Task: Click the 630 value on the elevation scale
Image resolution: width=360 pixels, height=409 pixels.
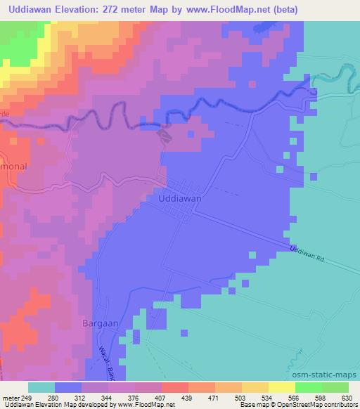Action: (x=345, y=398)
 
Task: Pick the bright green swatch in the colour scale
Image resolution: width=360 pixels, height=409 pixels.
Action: (x=309, y=387)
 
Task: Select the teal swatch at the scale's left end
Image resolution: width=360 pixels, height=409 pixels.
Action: (x=41, y=387)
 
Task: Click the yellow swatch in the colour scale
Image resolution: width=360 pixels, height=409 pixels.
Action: (x=282, y=387)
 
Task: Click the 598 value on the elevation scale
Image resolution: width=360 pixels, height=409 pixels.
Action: (x=320, y=398)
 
